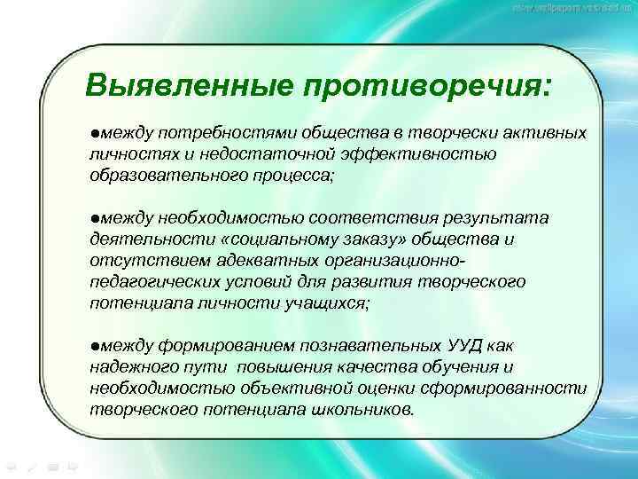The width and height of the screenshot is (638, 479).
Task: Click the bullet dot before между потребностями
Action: (x=94, y=132)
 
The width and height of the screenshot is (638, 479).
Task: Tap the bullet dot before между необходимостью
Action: (x=94, y=218)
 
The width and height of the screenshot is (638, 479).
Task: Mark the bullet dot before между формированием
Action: (x=94, y=346)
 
